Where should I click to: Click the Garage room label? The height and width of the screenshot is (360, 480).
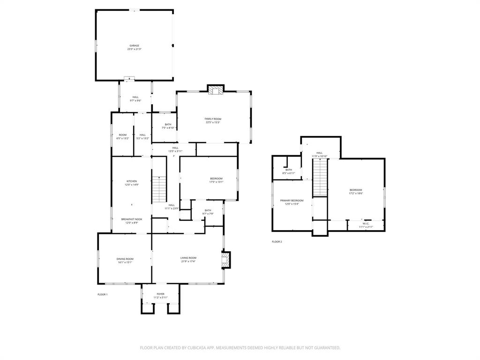(x=135, y=46)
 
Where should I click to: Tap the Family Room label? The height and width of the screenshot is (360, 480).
(x=213, y=119)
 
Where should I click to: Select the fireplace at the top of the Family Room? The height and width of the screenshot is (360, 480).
(x=216, y=90)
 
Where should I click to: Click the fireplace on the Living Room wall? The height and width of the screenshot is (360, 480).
(x=226, y=260)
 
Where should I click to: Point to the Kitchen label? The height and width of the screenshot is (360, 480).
(x=131, y=181)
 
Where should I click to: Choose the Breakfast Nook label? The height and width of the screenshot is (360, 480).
(x=131, y=219)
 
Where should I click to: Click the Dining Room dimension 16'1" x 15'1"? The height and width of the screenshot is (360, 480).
(x=125, y=262)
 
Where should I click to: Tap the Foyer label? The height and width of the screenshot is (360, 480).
(x=160, y=294)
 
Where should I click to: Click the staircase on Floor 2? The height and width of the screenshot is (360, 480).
(x=319, y=177)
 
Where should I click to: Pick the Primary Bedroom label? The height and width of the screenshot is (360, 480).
(x=292, y=201)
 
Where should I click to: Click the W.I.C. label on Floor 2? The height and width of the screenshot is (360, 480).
(x=366, y=224)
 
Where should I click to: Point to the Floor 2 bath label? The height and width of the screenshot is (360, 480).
(x=289, y=170)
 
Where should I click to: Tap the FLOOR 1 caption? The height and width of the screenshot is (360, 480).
(x=103, y=294)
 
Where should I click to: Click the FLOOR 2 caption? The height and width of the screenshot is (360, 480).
(x=277, y=242)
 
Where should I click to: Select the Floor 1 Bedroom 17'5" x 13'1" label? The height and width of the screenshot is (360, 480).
(x=216, y=179)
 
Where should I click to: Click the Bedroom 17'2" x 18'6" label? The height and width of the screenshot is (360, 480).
(x=356, y=190)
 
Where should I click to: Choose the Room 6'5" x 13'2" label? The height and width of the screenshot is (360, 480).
(x=122, y=135)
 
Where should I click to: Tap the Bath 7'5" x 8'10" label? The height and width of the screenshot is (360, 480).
(x=168, y=125)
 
